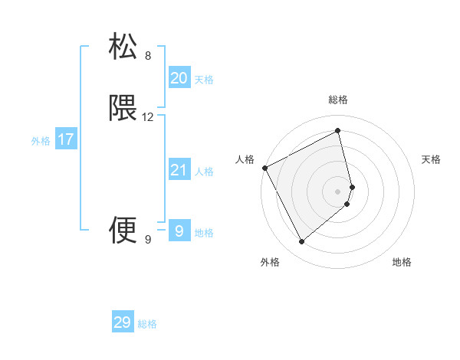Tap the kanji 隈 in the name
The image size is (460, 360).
click(x=123, y=108)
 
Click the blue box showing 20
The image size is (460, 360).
click(x=179, y=77)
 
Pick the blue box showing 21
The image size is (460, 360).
click(x=179, y=170)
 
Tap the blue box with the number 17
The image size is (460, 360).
click(x=65, y=139)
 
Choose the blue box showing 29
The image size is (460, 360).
click(x=123, y=322)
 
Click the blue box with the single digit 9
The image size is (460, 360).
click(x=179, y=230)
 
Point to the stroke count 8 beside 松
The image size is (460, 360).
click(x=148, y=55)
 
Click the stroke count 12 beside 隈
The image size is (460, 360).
click(x=148, y=117)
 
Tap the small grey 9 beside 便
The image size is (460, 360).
click(x=148, y=240)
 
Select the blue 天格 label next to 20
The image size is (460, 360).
click(x=204, y=79)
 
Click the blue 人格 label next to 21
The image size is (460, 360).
click(x=204, y=172)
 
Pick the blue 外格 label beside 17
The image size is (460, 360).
click(x=41, y=141)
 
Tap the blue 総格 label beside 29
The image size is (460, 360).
click(x=147, y=324)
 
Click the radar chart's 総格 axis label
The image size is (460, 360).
click(x=338, y=100)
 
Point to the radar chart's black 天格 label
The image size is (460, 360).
click(x=432, y=159)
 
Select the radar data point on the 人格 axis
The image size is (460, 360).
click(x=264, y=168)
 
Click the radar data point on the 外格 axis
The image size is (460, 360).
click(x=301, y=242)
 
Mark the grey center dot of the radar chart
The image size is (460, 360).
click(x=338, y=191)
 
